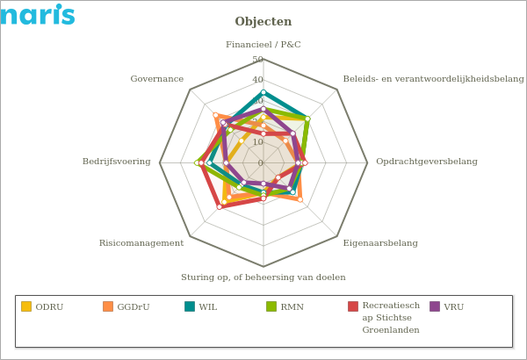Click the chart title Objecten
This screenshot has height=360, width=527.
(263, 22)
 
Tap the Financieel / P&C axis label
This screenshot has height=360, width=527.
(263, 45)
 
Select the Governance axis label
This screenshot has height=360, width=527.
(156, 79)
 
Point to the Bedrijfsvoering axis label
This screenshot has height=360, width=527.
(116, 162)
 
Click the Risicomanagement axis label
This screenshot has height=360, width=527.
(141, 243)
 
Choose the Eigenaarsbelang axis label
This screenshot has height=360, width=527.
(379, 243)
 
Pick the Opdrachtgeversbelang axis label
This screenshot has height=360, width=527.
(426, 162)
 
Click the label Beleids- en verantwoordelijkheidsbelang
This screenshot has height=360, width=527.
(433, 79)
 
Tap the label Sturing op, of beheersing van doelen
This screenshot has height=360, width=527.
(263, 277)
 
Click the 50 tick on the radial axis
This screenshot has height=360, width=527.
(257, 60)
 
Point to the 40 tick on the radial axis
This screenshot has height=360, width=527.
(257, 80)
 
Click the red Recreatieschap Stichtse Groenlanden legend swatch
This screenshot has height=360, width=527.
(353, 306)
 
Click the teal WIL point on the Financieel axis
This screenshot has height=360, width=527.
(263, 92)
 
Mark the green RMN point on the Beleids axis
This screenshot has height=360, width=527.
(307, 119)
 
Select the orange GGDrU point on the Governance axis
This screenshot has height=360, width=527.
(215, 115)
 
